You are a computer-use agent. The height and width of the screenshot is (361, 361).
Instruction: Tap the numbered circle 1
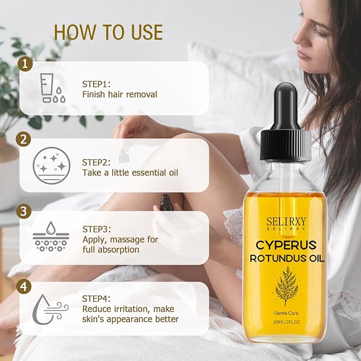click(24, 65)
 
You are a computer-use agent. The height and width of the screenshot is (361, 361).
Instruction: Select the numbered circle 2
click(24, 139)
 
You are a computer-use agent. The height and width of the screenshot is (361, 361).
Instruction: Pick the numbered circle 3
click(24, 211)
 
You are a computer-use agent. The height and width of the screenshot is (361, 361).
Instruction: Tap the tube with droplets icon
click(51, 88)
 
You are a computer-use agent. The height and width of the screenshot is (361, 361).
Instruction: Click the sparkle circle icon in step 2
click(51, 165)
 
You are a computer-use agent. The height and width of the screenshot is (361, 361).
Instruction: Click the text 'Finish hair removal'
click(120, 95)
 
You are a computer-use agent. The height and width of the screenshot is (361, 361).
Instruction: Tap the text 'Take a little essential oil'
click(130, 172)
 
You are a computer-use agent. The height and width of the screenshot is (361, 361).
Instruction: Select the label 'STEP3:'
click(97, 229)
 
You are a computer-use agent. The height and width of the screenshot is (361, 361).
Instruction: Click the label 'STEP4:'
click(97, 299)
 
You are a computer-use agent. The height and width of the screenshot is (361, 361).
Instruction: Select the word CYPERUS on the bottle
click(286, 245)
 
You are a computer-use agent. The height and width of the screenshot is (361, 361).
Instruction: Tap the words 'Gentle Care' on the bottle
click(286, 312)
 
